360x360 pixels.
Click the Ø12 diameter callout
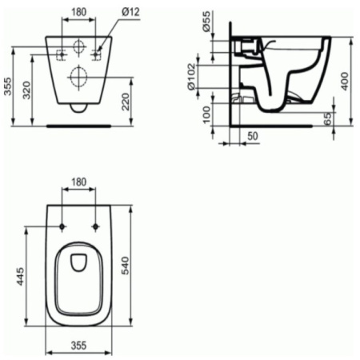(130, 12)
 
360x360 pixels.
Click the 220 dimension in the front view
(126, 102)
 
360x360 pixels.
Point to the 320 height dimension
(26, 90)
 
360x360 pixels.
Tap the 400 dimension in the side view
(345, 81)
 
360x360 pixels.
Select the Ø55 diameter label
(206, 22)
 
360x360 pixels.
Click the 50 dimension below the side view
(253, 136)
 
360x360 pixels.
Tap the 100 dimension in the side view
(206, 114)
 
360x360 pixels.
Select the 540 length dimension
(125, 266)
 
